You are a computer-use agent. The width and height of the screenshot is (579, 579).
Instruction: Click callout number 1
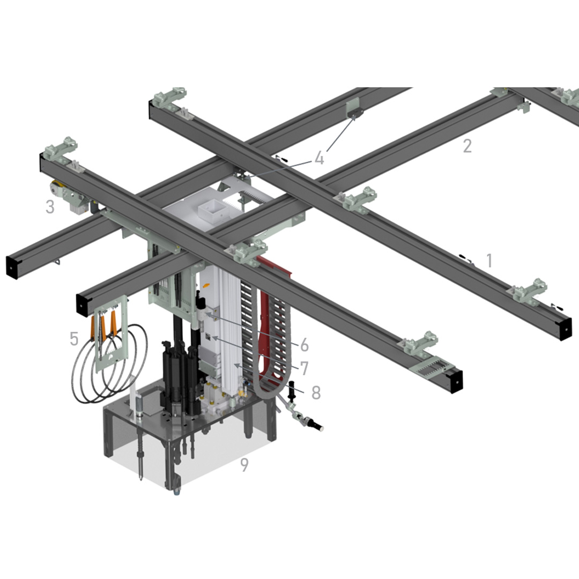(489, 261)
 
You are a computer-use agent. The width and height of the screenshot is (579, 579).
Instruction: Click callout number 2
(467, 146)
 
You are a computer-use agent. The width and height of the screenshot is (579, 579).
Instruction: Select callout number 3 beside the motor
(50, 207)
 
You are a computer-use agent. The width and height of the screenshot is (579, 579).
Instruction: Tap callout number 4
(320, 158)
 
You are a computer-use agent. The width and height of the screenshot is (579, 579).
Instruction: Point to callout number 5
(74, 338)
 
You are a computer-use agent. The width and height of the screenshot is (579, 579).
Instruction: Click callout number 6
(303, 344)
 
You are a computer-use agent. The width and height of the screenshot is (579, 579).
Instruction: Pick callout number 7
(303, 368)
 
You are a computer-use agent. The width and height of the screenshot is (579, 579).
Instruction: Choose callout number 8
(316, 392)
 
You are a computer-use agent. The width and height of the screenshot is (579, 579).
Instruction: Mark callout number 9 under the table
(244, 465)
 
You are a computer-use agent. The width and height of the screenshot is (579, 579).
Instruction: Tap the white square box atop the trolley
(210, 211)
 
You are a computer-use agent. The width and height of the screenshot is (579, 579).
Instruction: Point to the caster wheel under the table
(176, 488)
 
